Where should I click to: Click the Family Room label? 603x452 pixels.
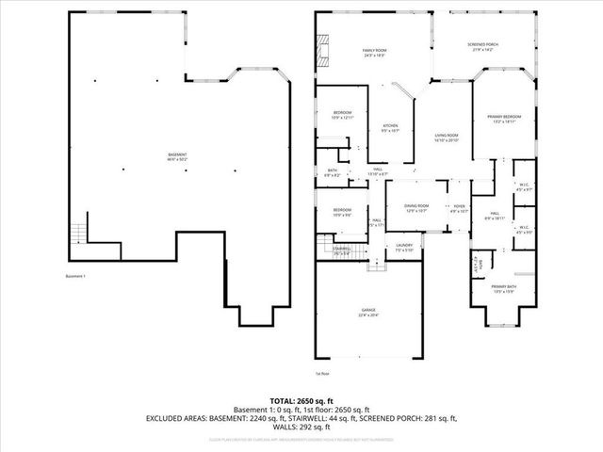(x=374, y=53)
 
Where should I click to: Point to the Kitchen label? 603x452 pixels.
(x=390, y=128)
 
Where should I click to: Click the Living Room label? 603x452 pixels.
(x=446, y=137)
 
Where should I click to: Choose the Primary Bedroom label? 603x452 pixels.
(x=504, y=119)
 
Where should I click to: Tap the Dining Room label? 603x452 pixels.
(x=416, y=208)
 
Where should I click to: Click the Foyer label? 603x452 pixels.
(x=460, y=208)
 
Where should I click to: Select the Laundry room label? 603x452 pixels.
(x=405, y=248)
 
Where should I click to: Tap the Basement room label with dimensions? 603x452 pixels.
(x=178, y=157)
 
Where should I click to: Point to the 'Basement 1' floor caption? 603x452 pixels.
(x=75, y=276)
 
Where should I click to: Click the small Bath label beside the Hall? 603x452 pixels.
(x=332, y=173)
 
